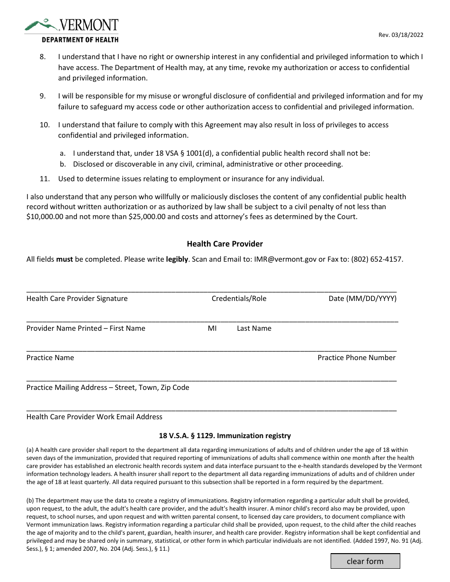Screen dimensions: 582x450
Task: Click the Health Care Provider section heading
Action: click(x=225, y=244)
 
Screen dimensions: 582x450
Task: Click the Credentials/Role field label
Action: click(x=239, y=299)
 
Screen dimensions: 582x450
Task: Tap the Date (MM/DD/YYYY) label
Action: click(x=362, y=299)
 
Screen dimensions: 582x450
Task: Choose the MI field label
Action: click(x=212, y=328)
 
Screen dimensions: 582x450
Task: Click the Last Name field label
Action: click(x=254, y=328)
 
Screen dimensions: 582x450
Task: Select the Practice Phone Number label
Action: click(x=356, y=358)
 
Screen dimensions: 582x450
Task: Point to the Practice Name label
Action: click(x=50, y=358)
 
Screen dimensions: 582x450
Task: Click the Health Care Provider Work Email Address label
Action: click(x=94, y=417)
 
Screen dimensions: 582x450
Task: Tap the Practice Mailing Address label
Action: click(x=108, y=388)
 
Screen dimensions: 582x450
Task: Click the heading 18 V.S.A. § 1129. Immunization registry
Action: click(x=225, y=436)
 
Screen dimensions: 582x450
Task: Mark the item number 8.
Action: click(x=43, y=57)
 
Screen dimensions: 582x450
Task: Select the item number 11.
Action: click(x=44, y=179)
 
